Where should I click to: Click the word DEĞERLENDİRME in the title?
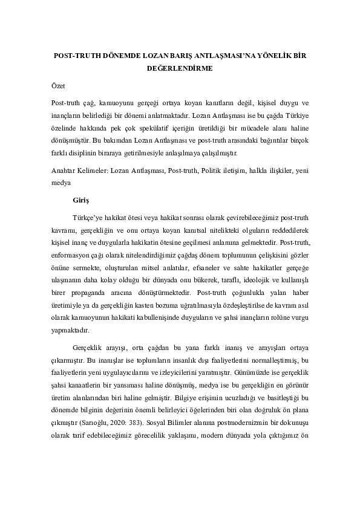click(180, 68)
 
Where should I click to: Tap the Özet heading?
click(57, 86)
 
